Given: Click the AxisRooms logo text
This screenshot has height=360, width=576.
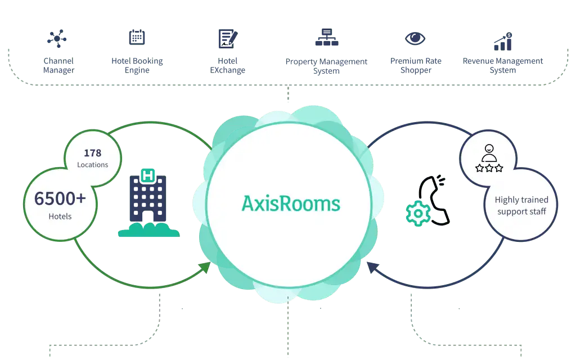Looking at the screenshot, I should pos(291,203).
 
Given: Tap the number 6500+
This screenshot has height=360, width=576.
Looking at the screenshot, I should pos(60,199).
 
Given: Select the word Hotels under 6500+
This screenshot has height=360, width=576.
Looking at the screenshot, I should pos(60,216).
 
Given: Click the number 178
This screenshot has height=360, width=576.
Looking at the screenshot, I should pos(93,153).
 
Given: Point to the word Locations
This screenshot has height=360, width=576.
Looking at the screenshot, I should pos(93,165).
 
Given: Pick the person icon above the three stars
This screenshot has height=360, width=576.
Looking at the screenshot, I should pos(489,151).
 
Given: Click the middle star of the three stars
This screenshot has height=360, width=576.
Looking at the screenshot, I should pos(489,168).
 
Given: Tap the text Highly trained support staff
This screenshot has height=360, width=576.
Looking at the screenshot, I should pos(521,206).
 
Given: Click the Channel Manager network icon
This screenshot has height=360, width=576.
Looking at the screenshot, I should pos(57,39).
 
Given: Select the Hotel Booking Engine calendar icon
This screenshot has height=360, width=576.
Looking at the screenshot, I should pos(137,37).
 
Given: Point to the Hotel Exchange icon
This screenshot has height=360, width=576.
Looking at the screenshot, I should pos(228,38).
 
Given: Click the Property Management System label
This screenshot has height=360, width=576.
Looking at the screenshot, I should pos(326,66).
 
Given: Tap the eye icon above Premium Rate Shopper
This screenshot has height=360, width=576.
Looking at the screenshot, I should pos(416,38).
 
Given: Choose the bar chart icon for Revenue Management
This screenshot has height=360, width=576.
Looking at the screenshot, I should pos(503,42).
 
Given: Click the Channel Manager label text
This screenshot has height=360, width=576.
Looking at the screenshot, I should pos(58,66).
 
